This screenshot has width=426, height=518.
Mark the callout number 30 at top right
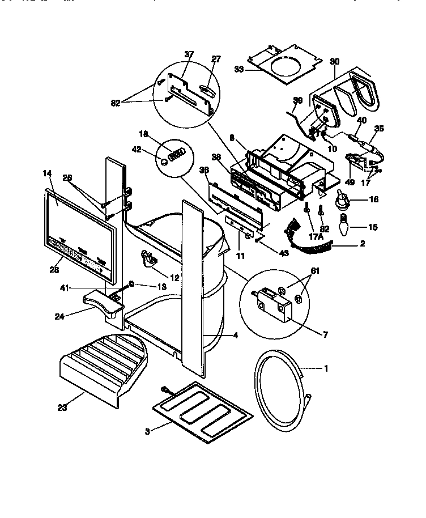coord(334,62)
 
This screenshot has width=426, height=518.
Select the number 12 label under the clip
coord(174,278)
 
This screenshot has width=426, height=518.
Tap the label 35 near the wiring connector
coord(379,129)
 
